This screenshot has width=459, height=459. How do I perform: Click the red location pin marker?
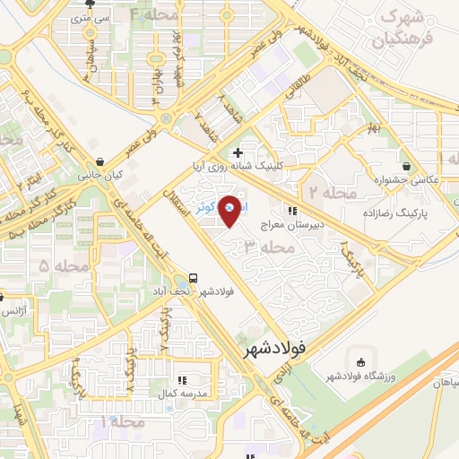point(231,210)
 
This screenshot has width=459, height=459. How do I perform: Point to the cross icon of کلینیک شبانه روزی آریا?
point(237,152)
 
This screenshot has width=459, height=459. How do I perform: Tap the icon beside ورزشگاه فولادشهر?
point(361,361)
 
